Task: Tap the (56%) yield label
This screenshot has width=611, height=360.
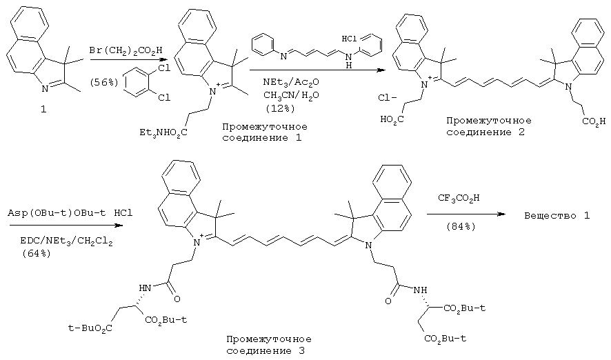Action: coord(103,83)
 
